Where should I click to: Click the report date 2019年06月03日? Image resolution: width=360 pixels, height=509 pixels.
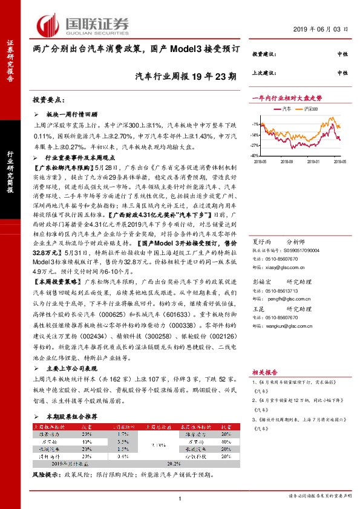(x=322, y=29)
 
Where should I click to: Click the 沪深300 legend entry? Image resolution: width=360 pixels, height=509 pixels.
(x=310, y=109)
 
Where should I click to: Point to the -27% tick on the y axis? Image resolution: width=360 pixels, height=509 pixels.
(x=255, y=145)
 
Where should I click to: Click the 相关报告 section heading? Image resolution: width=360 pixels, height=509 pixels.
(x=264, y=375)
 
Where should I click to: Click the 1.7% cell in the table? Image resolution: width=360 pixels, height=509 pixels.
(x=123, y=434)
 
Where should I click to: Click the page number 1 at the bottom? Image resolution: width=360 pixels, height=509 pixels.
(x=180, y=498)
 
